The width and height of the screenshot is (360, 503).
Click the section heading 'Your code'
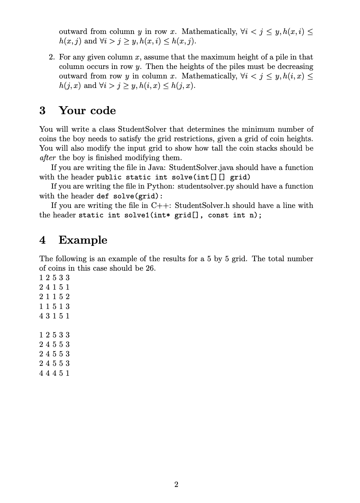coord(87,111)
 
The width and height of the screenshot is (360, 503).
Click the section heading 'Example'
coord(83,240)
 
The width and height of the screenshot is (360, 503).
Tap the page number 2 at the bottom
coord(177,484)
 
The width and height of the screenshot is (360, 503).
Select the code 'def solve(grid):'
coord(126,196)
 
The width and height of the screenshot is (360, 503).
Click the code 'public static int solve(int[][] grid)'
coord(173,177)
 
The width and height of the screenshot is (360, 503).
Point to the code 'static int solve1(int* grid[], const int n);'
coord(170,215)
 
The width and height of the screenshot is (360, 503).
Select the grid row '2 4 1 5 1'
coord(54,287)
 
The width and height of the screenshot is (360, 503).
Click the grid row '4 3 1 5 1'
coord(54,316)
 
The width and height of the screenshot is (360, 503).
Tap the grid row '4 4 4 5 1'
coord(54,373)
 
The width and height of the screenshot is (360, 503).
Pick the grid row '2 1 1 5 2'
coord(54,297)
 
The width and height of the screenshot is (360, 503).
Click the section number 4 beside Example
coord(43,240)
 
